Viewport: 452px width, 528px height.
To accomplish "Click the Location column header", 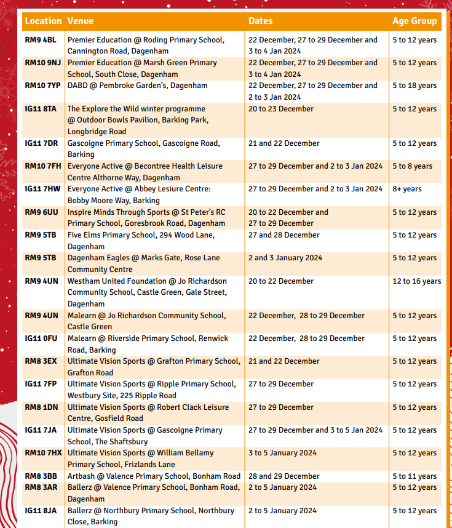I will coord(43,21).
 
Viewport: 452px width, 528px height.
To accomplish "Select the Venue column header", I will coord(81,21).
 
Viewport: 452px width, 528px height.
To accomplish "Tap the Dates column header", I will coord(260,21).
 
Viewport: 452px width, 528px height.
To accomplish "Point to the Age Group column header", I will coord(414,21).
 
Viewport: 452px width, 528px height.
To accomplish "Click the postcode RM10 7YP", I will coord(42,86).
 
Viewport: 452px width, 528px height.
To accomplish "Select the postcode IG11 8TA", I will coord(41,109).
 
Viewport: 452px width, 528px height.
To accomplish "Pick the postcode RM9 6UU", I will coord(41,212).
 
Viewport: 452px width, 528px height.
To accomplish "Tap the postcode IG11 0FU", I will coord(41,338).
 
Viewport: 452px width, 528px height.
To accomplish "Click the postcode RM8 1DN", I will coord(41,407).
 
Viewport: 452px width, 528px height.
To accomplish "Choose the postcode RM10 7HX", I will coord(43,453).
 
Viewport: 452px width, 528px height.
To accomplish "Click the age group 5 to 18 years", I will coord(414,86).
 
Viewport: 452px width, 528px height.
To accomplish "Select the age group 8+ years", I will coord(407,189).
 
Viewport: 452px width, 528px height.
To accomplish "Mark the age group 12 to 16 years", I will coord(417,281).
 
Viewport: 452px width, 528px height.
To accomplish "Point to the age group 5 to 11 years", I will coord(414,476).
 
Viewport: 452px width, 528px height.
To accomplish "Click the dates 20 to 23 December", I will coord(281,109).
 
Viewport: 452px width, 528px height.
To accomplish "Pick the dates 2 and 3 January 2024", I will coord(285,258).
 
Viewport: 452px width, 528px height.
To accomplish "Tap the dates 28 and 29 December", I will coord(284,476).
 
